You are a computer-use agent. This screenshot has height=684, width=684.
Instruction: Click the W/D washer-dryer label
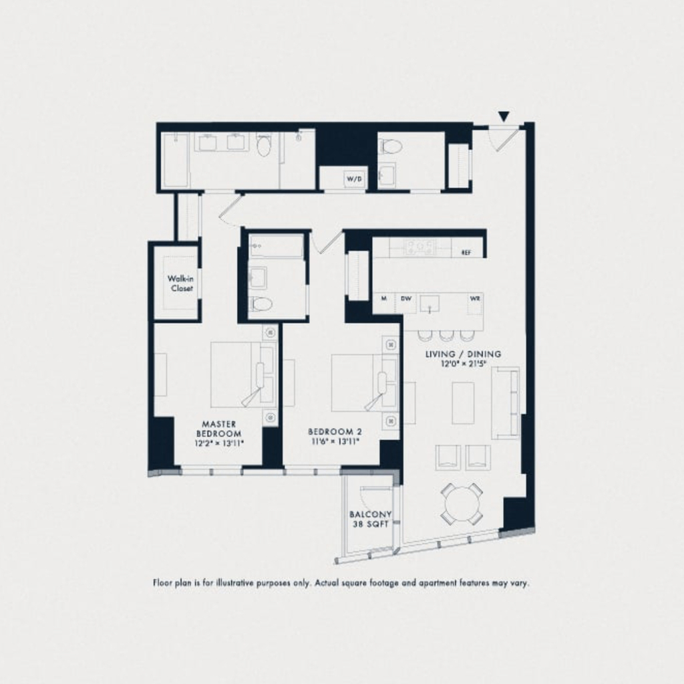click(354, 179)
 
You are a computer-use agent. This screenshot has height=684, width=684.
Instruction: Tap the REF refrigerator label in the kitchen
click(466, 253)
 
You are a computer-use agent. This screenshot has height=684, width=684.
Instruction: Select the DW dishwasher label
click(406, 299)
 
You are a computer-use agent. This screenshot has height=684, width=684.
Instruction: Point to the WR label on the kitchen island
click(475, 299)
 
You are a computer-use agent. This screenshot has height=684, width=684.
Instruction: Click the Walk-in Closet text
click(180, 283)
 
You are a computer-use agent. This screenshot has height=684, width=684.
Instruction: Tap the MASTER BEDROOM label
click(218, 429)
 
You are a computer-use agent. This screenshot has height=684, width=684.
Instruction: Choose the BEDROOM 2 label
click(335, 431)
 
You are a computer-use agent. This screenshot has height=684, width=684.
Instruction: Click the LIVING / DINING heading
click(464, 354)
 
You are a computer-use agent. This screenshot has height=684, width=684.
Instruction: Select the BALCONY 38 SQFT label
click(370, 519)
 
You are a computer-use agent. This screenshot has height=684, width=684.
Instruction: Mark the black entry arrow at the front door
click(504, 116)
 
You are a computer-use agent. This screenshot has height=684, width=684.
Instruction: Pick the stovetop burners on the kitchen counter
click(419, 247)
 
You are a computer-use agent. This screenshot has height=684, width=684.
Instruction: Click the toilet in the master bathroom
click(264, 146)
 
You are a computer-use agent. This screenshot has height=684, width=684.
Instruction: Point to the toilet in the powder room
click(388, 146)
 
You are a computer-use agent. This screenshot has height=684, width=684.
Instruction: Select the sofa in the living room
click(506, 403)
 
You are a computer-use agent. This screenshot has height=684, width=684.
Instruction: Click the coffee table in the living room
click(463, 403)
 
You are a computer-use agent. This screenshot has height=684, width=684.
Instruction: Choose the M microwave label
click(384, 299)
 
